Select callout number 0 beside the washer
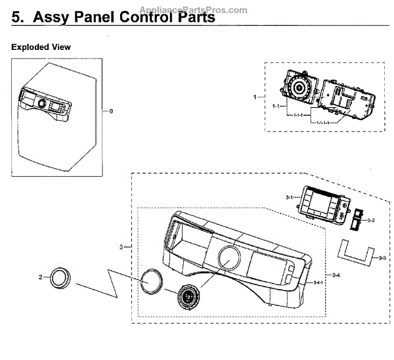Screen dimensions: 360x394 pyautogui.click(x=111, y=111)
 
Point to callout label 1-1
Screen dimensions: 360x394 pyautogui.click(x=276, y=106)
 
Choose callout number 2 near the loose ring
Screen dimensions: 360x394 pyautogui.click(x=41, y=277)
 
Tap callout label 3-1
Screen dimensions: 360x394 pyautogui.click(x=289, y=196)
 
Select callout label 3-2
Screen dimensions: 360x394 pyautogui.click(x=370, y=219)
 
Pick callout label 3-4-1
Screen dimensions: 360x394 pyautogui.click(x=318, y=282)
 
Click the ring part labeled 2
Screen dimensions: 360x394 pyautogui.click(x=60, y=278)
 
